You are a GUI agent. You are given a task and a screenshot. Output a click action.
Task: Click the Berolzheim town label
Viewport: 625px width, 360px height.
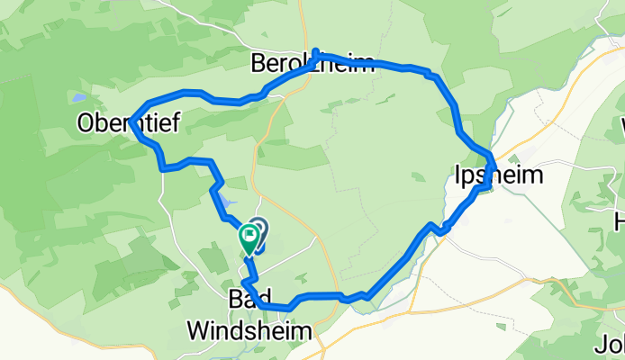point(312,65)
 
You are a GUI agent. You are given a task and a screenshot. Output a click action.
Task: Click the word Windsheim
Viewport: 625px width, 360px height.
point(250,331)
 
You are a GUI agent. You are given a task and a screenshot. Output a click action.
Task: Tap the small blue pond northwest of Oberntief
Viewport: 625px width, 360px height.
point(80,96)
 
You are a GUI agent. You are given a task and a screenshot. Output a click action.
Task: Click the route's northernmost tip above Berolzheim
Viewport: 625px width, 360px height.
point(317,52)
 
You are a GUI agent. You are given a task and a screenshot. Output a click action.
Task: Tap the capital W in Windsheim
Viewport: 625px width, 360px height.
point(197,331)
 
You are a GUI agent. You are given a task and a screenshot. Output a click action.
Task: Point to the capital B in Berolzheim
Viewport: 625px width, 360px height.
point(258,65)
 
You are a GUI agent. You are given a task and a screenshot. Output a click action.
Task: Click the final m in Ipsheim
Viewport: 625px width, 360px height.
point(533,175)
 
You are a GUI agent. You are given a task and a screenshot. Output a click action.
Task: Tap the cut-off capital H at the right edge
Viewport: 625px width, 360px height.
point(620,220)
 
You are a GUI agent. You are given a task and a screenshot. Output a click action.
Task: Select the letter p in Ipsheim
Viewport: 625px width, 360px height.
point(470,176)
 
